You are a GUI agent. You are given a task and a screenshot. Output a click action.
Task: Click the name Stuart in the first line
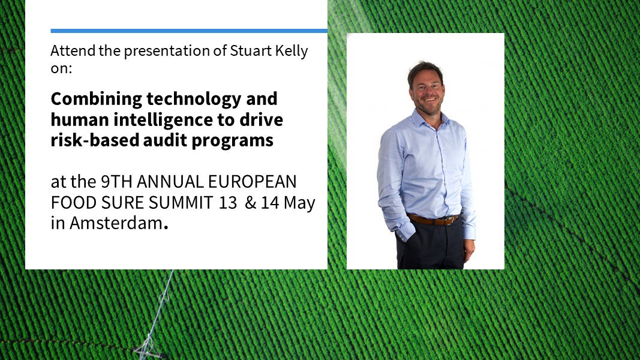click(247, 50)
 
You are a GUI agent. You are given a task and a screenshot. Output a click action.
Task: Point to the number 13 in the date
click(228, 203)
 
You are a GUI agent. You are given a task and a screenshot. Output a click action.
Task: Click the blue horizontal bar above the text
click(189, 31)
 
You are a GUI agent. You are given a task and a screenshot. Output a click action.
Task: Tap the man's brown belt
click(432, 220)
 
